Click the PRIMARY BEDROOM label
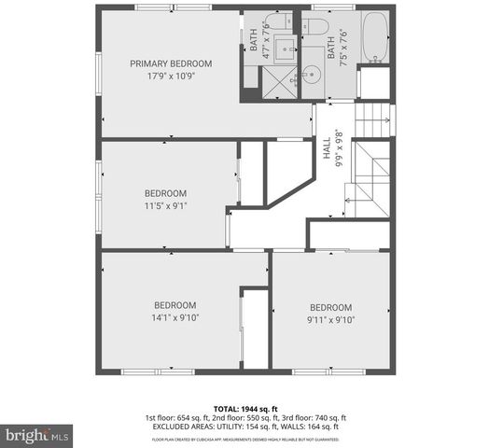click(171, 63)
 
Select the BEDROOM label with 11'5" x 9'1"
click(166, 193)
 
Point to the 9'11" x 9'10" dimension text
click(331, 320)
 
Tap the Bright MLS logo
click(37, 435)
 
